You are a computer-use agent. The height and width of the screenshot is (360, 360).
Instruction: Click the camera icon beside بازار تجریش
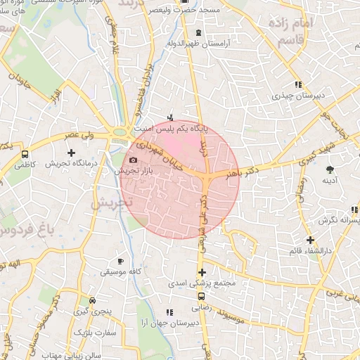coord(134,161)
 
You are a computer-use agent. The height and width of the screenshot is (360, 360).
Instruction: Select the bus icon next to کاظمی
coord(25,155)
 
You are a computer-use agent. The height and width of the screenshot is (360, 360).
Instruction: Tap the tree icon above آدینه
coord(330,169)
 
